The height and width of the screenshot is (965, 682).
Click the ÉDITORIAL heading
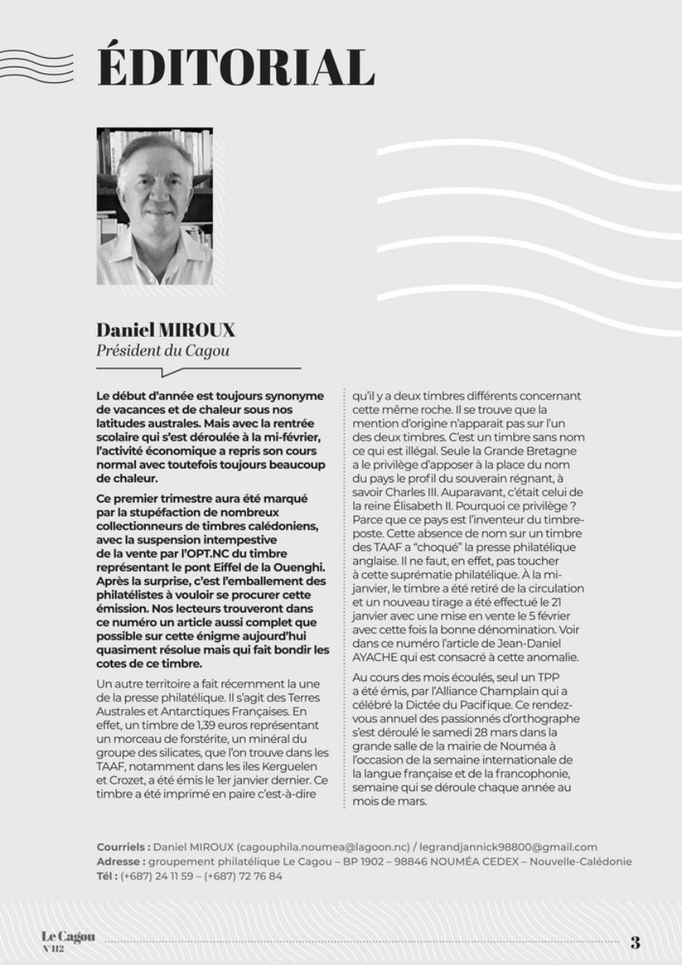[x=235, y=67]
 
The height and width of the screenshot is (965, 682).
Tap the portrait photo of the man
[x=154, y=206]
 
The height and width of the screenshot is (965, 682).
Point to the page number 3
[x=635, y=943]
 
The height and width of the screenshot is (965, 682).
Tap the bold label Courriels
[x=121, y=847]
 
